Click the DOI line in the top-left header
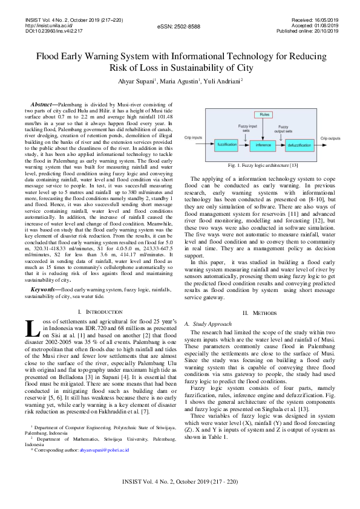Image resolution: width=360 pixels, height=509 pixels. click(x=53, y=31)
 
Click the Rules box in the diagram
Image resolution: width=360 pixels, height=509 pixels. click(x=264, y=114)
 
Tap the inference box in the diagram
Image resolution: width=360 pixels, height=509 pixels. click(x=263, y=144)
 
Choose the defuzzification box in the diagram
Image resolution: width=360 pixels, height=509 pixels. click(x=299, y=144)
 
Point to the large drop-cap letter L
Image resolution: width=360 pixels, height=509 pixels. click(x=33, y=329)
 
